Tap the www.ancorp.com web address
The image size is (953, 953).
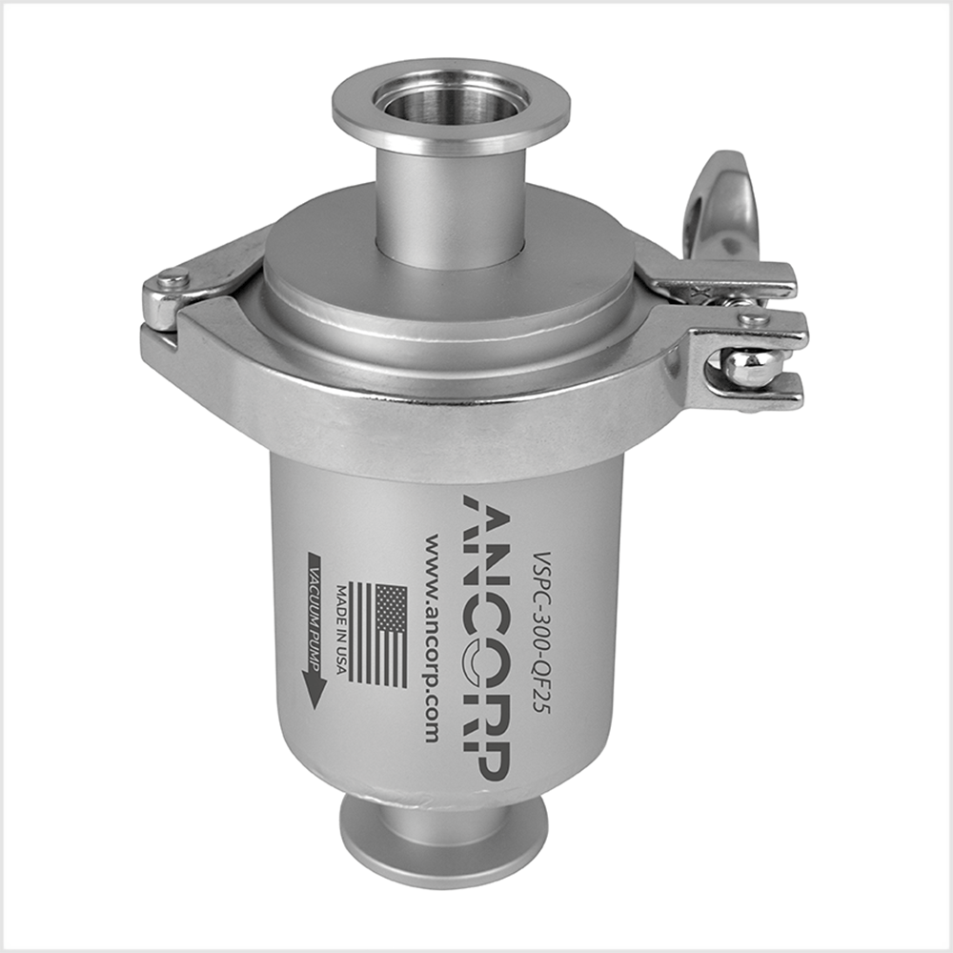[x=430, y=638]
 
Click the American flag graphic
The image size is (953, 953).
[x=377, y=635]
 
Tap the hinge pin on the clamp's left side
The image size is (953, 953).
[x=172, y=282]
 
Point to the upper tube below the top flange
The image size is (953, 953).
[x=452, y=205]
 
